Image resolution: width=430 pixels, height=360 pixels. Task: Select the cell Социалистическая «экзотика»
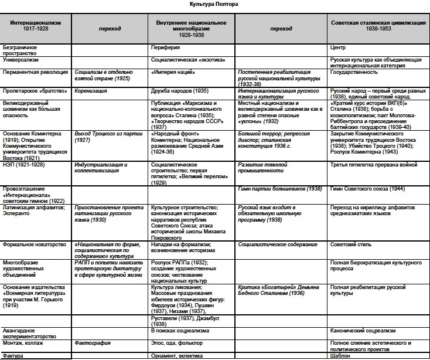click(x=186, y=60)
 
